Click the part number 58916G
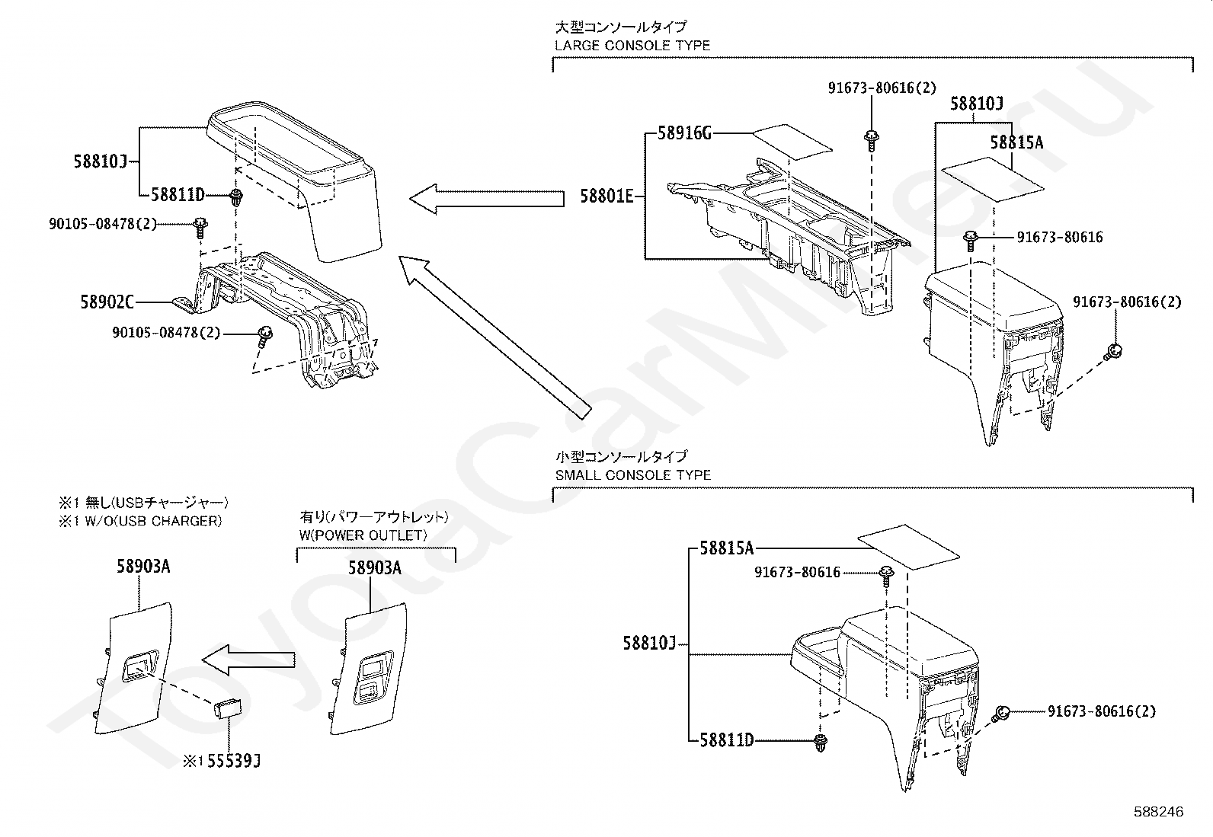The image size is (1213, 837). [684, 134]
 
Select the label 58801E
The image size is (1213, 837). [606, 196]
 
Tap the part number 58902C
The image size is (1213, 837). [107, 302]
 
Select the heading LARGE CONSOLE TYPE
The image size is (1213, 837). [632, 45]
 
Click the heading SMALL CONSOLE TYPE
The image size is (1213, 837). [632, 474]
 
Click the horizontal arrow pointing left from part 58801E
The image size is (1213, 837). [487, 199]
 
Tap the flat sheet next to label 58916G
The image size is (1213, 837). [793, 141]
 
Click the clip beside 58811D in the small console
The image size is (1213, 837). [821, 743]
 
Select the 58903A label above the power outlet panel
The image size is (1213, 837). [375, 568]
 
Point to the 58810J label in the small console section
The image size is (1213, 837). [649, 644]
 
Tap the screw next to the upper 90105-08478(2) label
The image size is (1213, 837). [200, 225]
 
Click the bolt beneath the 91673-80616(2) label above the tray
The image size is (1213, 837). [870, 139]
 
